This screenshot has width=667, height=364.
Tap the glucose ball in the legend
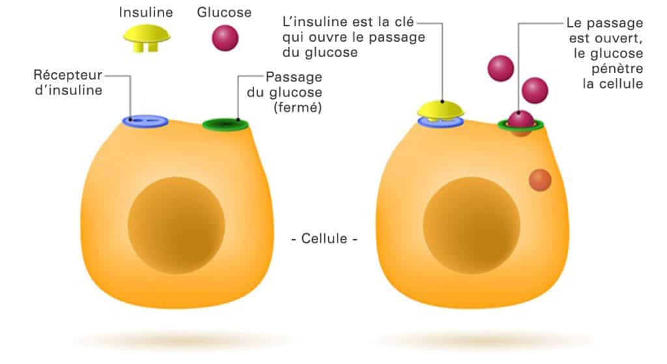225,38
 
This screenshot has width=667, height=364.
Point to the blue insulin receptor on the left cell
146,121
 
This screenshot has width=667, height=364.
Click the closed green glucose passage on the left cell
225,124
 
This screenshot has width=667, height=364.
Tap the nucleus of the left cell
176,225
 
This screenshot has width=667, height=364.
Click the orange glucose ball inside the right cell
539,180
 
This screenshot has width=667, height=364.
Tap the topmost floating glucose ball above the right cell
501,68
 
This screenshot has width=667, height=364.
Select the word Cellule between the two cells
324,238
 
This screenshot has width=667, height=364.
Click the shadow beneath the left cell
176,339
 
